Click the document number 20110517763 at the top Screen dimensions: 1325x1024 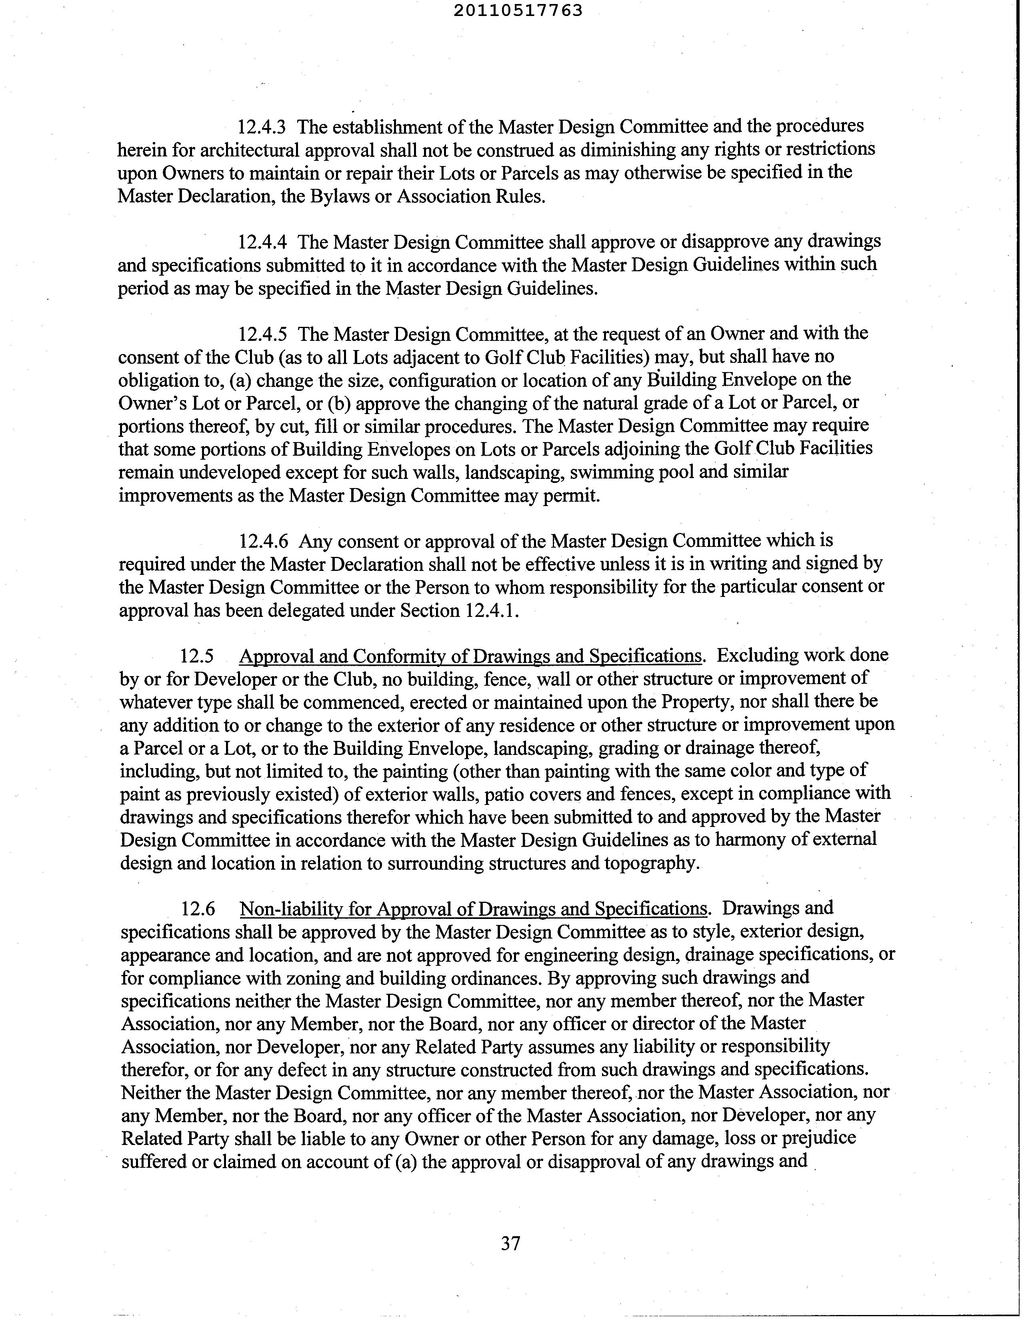tap(518, 10)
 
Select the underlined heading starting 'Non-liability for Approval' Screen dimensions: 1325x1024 tap(473, 909)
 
